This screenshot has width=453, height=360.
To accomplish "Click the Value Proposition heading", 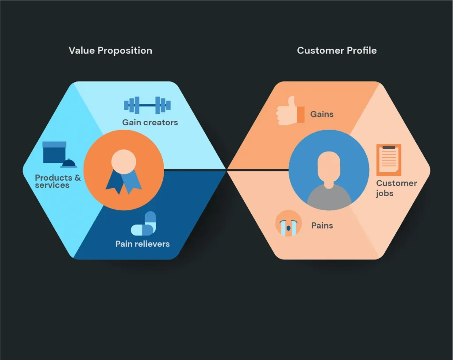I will (110, 50).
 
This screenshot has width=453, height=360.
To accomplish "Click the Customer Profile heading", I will (337, 50).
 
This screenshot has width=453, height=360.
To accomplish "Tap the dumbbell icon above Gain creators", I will (147, 105).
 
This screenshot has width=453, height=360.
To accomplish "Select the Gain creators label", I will (150, 122).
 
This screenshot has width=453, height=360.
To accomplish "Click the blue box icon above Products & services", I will (54, 152).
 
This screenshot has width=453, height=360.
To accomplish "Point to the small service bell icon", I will (69, 164).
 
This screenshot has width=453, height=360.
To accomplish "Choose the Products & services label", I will (58, 181).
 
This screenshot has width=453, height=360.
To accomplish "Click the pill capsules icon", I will (144, 224).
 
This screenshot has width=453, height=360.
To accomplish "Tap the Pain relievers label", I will (142, 244).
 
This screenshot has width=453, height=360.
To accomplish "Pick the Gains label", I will (322, 114).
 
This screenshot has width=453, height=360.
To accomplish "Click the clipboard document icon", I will (388, 159).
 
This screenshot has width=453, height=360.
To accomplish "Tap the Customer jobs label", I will (396, 188).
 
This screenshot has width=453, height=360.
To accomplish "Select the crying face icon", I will (288, 223).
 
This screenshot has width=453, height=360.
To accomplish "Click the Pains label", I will (322, 225).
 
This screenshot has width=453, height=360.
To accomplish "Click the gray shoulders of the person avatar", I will (329, 197).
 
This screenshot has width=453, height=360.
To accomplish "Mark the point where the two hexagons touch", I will (226, 169).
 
